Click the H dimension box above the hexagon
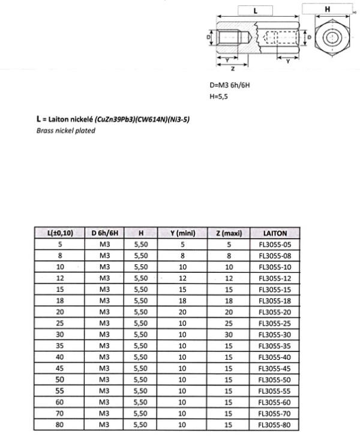click(327, 9)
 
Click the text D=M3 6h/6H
click(230, 86)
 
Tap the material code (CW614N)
click(152, 120)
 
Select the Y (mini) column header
click(182, 233)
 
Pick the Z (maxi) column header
click(229, 233)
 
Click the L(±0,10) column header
click(60, 233)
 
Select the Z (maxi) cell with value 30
click(229, 334)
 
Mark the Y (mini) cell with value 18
click(182, 301)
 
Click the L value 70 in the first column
click(60, 414)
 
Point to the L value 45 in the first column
click(60, 369)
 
